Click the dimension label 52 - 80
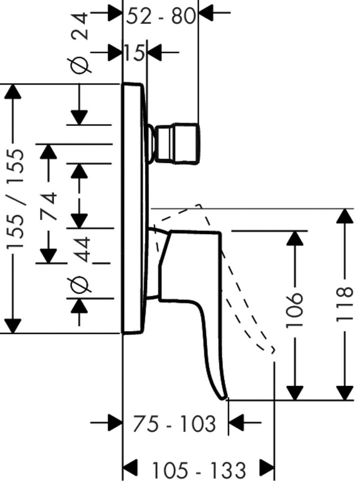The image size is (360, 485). coord(161,17)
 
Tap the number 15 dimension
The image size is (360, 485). coord(135,52)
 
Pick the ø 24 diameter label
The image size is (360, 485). coord(81,43)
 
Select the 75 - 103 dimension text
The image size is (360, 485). coord(174,424)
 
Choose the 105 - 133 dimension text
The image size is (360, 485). coord(198,470)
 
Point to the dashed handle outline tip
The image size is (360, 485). coord(271,350)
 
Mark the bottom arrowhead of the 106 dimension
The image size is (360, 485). coord(295,393)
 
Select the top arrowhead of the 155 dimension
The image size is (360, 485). coord(13,91)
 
